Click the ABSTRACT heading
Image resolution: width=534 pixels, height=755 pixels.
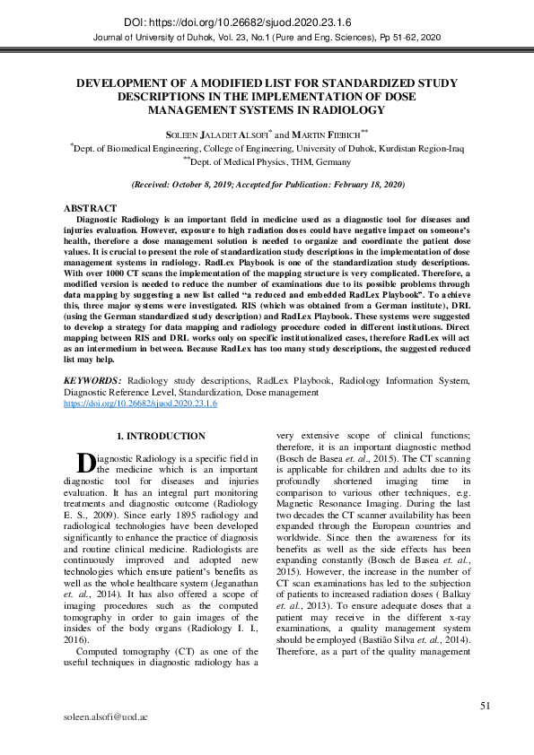90,207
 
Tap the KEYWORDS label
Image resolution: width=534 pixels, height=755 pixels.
92,381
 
